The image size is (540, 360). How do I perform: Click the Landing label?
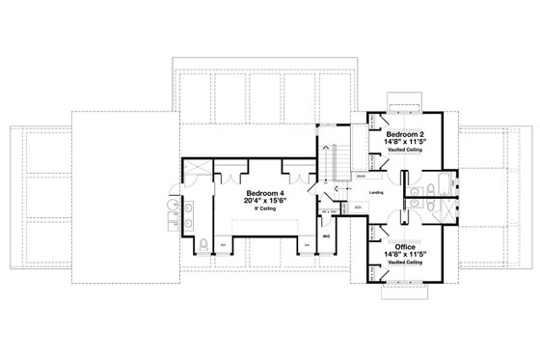pos(376,192)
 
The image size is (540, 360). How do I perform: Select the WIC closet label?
pos(327,235)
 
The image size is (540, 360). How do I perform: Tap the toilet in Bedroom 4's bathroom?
pos(203,241)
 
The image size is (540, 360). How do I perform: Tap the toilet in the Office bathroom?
pos(416,205)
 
